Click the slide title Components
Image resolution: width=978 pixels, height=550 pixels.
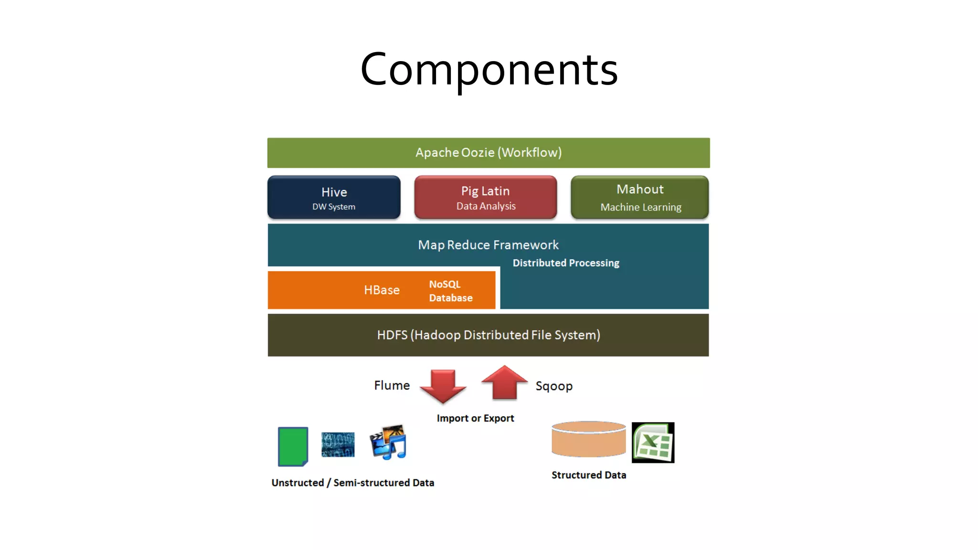(489, 70)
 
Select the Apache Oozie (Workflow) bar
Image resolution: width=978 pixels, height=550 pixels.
(488, 153)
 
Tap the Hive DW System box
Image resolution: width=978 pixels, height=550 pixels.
(334, 198)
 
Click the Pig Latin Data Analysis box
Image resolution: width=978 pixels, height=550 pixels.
(485, 198)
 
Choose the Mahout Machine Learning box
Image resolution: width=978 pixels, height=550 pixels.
(639, 198)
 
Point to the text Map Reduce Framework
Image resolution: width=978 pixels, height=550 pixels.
(488, 245)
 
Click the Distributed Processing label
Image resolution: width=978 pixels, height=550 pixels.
(565, 263)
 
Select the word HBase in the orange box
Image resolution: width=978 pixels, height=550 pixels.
(382, 290)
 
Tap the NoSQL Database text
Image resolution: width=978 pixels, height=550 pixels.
(450, 291)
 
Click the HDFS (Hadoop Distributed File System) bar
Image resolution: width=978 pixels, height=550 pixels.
(488, 335)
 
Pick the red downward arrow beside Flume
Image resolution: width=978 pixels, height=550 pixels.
(443, 385)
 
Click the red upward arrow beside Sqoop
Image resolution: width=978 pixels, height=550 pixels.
(504, 383)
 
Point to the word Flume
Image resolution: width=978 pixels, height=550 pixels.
(392, 385)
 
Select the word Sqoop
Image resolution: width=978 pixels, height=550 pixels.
(553, 386)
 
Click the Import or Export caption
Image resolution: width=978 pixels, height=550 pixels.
(475, 418)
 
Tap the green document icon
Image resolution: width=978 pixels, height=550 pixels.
(293, 446)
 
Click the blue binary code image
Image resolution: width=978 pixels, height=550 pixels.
(338, 444)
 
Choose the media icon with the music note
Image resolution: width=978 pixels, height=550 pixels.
(388, 442)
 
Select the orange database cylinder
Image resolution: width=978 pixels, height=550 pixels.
(588, 439)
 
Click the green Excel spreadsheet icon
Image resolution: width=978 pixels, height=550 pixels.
(653, 443)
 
